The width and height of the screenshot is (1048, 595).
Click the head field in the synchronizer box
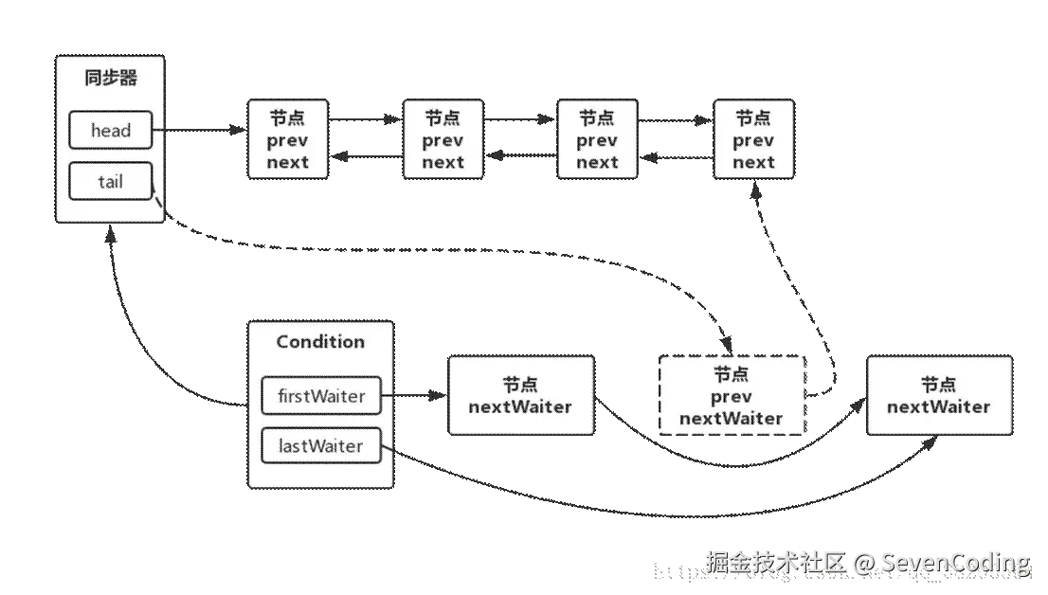click(111, 131)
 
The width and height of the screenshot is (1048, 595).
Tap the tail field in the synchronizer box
click(111, 180)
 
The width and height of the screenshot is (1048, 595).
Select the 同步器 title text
click(111, 78)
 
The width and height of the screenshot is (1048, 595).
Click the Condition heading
click(320, 342)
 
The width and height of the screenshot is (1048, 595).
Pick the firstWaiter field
click(321, 396)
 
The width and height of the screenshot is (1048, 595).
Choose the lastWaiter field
click(321, 445)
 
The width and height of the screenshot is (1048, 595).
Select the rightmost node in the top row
click(753, 140)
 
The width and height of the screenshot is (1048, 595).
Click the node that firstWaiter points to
click(520, 396)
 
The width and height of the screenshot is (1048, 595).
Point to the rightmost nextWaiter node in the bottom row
click(938, 396)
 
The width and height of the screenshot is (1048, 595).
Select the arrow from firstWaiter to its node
click(414, 396)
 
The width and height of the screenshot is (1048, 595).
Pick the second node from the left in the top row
click(443, 140)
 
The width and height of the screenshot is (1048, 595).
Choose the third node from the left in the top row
click(597, 140)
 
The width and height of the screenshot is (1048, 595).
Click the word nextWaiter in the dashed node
click(732, 418)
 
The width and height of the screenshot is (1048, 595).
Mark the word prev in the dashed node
click(732, 396)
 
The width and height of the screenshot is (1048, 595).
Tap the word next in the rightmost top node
click(753, 162)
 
